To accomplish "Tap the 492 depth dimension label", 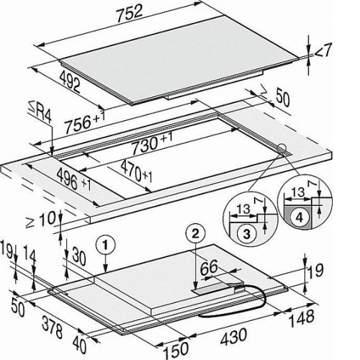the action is click(x=70, y=81).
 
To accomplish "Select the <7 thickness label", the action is click(x=323, y=51).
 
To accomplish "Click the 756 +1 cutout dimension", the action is click(x=85, y=122).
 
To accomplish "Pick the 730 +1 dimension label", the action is click(x=152, y=143).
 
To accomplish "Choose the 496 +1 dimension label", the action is click(x=74, y=179).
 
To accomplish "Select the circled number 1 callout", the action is click(x=106, y=245).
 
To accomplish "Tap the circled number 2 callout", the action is click(x=196, y=233).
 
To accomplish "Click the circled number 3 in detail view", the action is click(x=247, y=233).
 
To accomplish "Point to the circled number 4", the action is click(x=300, y=217).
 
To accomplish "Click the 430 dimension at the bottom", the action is click(x=233, y=336).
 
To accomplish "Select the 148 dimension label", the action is click(x=302, y=318).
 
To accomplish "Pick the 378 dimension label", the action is click(x=53, y=327).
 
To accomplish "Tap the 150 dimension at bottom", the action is click(x=176, y=349).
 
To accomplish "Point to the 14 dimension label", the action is click(x=30, y=256).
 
